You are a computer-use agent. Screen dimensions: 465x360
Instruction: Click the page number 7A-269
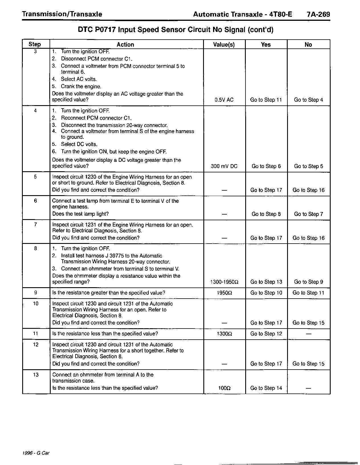pyautogui.click(x=318, y=14)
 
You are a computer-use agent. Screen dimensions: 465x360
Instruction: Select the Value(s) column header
pyautogui.click(x=224, y=44)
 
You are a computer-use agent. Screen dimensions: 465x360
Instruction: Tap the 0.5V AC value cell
pyautogui.click(x=224, y=100)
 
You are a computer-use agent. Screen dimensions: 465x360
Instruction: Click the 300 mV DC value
pyautogui.click(x=224, y=166)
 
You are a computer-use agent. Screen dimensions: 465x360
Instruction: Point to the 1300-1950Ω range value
pyautogui.click(x=224, y=282)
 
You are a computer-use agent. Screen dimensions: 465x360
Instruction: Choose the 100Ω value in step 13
pyautogui.click(x=224, y=388)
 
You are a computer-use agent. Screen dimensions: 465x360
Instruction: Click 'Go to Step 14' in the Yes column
pyautogui.click(x=266, y=388)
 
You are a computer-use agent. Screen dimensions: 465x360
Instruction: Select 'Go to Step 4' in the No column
pyautogui.click(x=308, y=100)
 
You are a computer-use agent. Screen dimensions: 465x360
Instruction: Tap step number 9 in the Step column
pyautogui.click(x=35, y=293)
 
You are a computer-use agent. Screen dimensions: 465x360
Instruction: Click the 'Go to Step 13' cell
pyautogui.click(x=266, y=282)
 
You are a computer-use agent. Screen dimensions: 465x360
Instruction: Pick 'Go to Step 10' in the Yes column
pyautogui.click(x=266, y=293)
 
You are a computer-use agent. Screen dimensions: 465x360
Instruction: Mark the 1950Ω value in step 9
pyautogui.click(x=224, y=293)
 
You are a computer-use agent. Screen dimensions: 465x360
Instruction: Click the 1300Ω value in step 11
pyautogui.click(x=224, y=334)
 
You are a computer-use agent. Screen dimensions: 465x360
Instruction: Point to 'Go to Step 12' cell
pyautogui.click(x=266, y=334)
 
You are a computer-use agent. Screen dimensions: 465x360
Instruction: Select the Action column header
pyautogui.click(x=125, y=44)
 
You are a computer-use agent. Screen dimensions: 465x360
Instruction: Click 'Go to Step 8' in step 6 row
pyautogui.click(x=266, y=214)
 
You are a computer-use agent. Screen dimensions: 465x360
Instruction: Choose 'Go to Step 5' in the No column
pyautogui.click(x=308, y=166)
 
